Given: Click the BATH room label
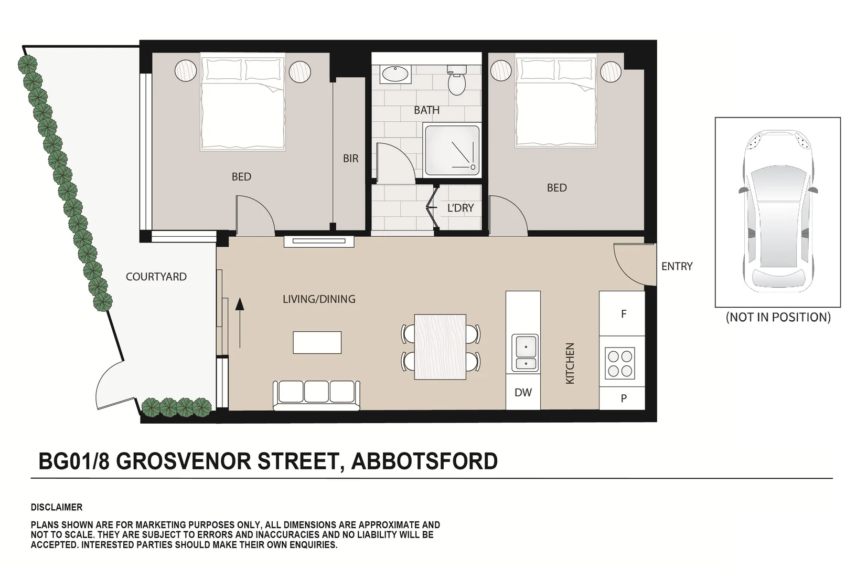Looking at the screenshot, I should (426, 110).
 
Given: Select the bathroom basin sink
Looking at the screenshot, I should (396, 74).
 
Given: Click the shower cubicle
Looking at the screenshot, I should (452, 150).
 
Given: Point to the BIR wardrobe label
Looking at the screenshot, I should (350, 159).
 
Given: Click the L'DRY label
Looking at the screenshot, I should (460, 208).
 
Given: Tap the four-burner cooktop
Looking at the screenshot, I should (619, 363).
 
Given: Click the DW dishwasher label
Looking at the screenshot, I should (523, 392).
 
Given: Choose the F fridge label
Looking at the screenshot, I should (623, 314).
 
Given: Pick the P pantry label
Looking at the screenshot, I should (623, 398).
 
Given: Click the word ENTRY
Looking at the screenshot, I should (677, 267).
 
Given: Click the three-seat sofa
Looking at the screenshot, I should (316, 395).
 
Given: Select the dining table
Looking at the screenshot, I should (440, 347).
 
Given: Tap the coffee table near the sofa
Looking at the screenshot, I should (317, 342).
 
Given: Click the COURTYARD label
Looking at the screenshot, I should (156, 277).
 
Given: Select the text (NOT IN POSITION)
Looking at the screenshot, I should (778, 317).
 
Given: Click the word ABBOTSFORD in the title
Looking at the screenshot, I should (424, 461).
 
